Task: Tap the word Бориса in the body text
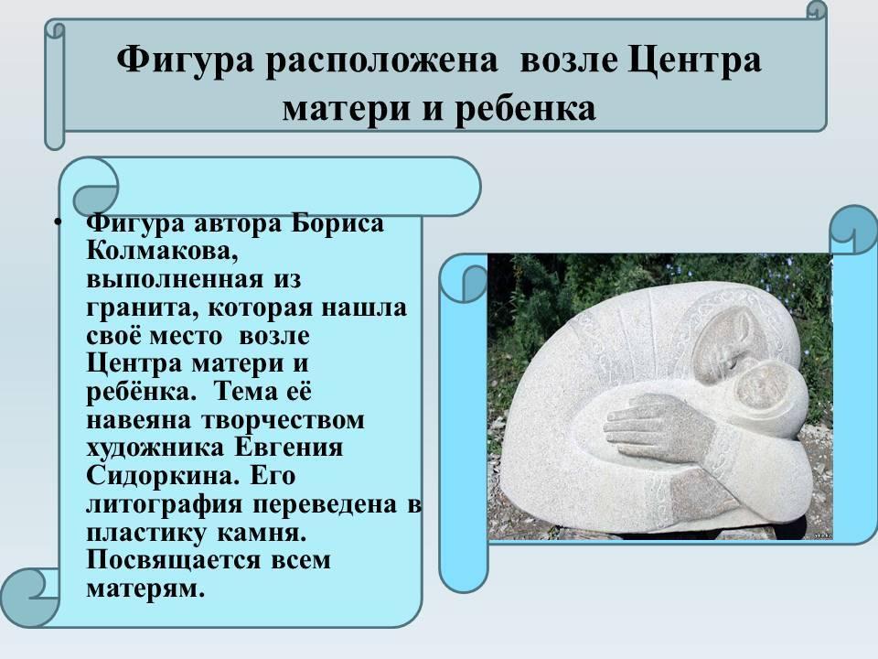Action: (337, 223)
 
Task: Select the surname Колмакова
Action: (163, 251)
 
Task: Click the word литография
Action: (164, 504)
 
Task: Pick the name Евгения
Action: (288, 448)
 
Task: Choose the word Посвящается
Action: (174, 560)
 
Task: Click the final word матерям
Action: (145, 589)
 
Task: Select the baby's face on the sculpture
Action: (760, 388)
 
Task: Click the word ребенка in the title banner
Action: (525, 109)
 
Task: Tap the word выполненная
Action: (175, 280)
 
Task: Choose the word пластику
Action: (145, 533)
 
